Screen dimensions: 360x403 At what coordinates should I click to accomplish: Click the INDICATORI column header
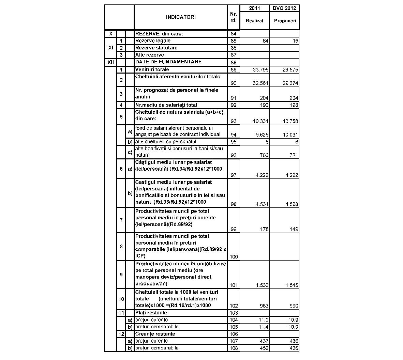(x=181, y=17)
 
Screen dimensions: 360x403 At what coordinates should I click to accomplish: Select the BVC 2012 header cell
(x=284, y=8)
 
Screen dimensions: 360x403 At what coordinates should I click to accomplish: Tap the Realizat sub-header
(x=255, y=20)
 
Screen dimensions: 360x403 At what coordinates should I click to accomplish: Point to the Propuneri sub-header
(x=284, y=20)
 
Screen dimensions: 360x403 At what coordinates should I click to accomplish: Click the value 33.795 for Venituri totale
(x=261, y=70)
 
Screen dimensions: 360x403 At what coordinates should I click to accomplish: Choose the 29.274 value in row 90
(x=290, y=83)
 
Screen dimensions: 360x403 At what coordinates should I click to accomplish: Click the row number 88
(x=234, y=63)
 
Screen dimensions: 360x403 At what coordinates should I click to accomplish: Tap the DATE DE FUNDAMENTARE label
(x=168, y=62)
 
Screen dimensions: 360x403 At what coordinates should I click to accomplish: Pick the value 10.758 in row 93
(x=290, y=121)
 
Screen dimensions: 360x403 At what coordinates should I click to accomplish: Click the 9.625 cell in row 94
(x=262, y=135)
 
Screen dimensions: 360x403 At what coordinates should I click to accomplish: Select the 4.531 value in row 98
(x=262, y=204)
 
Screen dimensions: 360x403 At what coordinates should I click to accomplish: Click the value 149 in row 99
(x=294, y=229)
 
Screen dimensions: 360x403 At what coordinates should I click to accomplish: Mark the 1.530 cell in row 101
(x=262, y=285)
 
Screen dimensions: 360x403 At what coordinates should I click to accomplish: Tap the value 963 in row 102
(x=264, y=306)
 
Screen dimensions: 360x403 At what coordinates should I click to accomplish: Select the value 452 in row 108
(x=264, y=348)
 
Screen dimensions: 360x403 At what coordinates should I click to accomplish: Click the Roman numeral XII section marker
(x=110, y=62)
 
